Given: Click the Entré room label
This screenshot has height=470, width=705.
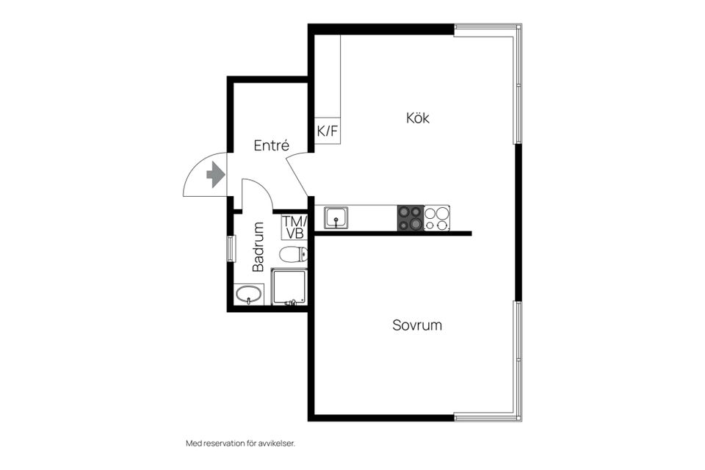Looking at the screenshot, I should pos(271,145).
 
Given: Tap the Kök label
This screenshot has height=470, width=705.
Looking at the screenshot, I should pos(418,117).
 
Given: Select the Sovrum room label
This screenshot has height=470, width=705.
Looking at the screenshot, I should pos(417,325).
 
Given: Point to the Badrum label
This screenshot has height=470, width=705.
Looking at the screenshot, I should pos(258,247).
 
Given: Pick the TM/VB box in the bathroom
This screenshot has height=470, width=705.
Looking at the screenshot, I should pos(294,227).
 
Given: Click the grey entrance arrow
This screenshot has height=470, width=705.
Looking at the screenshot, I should pos(215,175).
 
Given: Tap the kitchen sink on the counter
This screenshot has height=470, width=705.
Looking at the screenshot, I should pos(337,217).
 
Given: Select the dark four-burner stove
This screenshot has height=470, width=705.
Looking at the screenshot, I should pos(410,218).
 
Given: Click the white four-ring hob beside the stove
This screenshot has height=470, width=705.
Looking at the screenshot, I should pos(437,218).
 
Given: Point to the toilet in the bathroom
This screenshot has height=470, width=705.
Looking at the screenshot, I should pos(293,255).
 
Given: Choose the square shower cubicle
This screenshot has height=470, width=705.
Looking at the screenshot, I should pos(288,287).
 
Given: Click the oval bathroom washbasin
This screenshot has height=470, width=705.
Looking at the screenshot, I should pos(249,294).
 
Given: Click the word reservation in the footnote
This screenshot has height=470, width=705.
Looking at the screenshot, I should pos(227,444).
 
